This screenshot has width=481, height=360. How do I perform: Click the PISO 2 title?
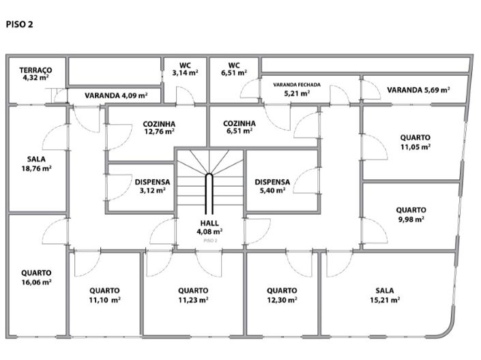[x=19, y=25]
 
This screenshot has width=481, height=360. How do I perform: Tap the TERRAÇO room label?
[x=35, y=70]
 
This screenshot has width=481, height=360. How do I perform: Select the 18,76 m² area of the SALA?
[x=36, y=168]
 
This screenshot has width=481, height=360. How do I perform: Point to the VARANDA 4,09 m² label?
[x=116, y=95]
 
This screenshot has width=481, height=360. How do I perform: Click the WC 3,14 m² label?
[x=185, y=69]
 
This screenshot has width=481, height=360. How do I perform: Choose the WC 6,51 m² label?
[x=234, y=69]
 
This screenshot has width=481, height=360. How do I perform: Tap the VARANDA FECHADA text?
[x=297, y=85]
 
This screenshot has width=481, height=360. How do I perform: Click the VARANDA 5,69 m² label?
[x=418, y=90]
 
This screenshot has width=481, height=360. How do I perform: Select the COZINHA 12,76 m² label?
[x=159, y=127]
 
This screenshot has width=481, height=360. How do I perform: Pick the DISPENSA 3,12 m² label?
[x=152, y=186]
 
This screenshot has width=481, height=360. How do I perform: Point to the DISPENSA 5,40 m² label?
[x=272, y=186]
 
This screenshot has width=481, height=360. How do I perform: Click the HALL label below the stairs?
[x=209, y=223]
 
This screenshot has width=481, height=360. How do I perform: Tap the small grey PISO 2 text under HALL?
[x=210, y=241]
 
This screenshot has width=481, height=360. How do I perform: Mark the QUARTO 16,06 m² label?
[x=36, y=277]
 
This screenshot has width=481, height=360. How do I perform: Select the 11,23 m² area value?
[x=193, y=300]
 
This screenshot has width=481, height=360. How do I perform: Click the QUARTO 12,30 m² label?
[x=282, y=295]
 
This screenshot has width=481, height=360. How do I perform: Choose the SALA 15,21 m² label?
[x=385, y=295]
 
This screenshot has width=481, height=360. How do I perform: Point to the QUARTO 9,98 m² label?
[x=411, y=215]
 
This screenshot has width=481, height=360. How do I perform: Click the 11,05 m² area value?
[x=416, y=147]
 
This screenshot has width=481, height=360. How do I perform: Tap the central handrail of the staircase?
[x=209, y=194]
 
